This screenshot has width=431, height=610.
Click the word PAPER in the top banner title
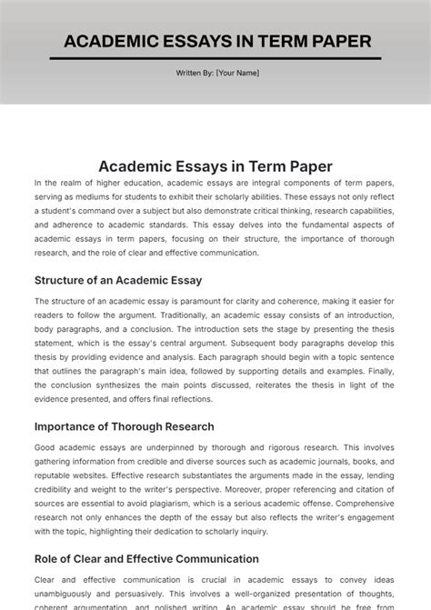click(340, 41)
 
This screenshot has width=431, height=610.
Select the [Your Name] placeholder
click(237, 73)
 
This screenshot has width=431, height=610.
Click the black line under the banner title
click(215, 58)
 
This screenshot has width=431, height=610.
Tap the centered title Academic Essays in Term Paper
click(215, 166)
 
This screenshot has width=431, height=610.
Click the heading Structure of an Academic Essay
click(118, 280)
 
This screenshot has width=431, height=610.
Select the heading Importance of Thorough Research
click(125, 426)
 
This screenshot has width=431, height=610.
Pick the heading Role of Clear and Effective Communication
click(146, 559)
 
